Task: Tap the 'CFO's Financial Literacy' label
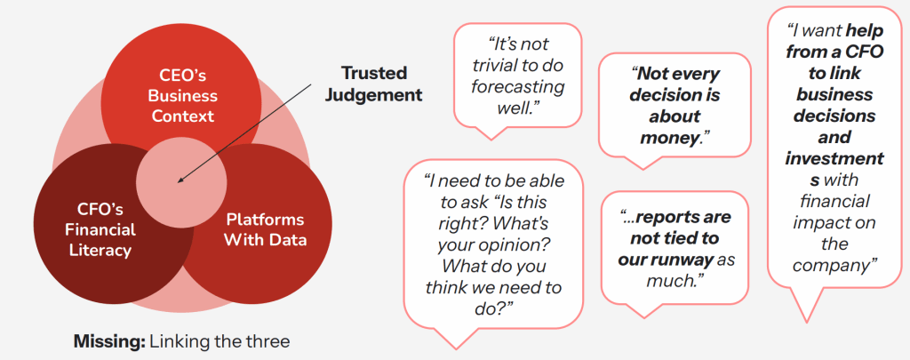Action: click(x=101, y=230)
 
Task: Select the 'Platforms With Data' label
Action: click(x=264, y=229)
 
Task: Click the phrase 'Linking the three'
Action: click(x=220, y=340)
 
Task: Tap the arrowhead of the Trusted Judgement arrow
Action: click(x=180, y=180)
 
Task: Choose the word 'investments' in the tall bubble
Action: click(x=834, y=158)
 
